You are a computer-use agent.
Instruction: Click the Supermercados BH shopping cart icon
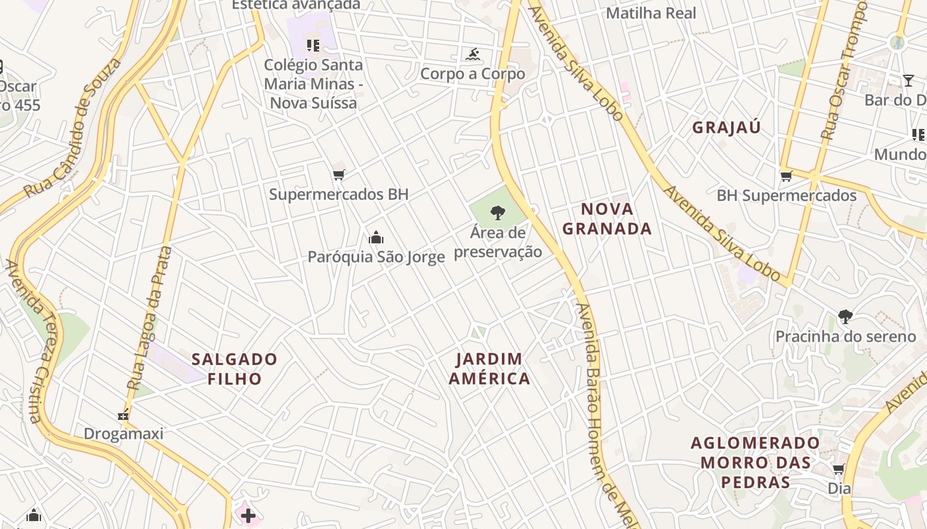(x=339, y=175)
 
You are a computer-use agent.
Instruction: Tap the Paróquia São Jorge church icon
(x=376, y=237)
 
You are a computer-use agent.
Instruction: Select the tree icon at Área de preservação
(x=497, y=213)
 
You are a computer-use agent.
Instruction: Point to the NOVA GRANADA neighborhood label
(x=607, y=219)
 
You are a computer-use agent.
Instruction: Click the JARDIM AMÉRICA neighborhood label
(x=489, y=368)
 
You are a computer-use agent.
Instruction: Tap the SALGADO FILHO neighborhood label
(x=234, y=368)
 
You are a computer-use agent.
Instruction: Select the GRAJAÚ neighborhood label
(x=726, y=128)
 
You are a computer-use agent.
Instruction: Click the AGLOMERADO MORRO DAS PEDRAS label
(x=755, y=462)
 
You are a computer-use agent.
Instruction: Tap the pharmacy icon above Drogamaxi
(x=123, y=415)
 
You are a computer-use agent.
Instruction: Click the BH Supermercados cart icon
(x=786, y=176)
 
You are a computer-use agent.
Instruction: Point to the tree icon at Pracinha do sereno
(x=845, y=317)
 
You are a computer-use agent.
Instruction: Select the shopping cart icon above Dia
(x=838, y=469)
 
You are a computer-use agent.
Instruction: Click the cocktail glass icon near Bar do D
(x=908, y=81)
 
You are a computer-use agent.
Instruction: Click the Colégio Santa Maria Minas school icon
(x=313, y=46)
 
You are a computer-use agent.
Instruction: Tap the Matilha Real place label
(x=651, y=13)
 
